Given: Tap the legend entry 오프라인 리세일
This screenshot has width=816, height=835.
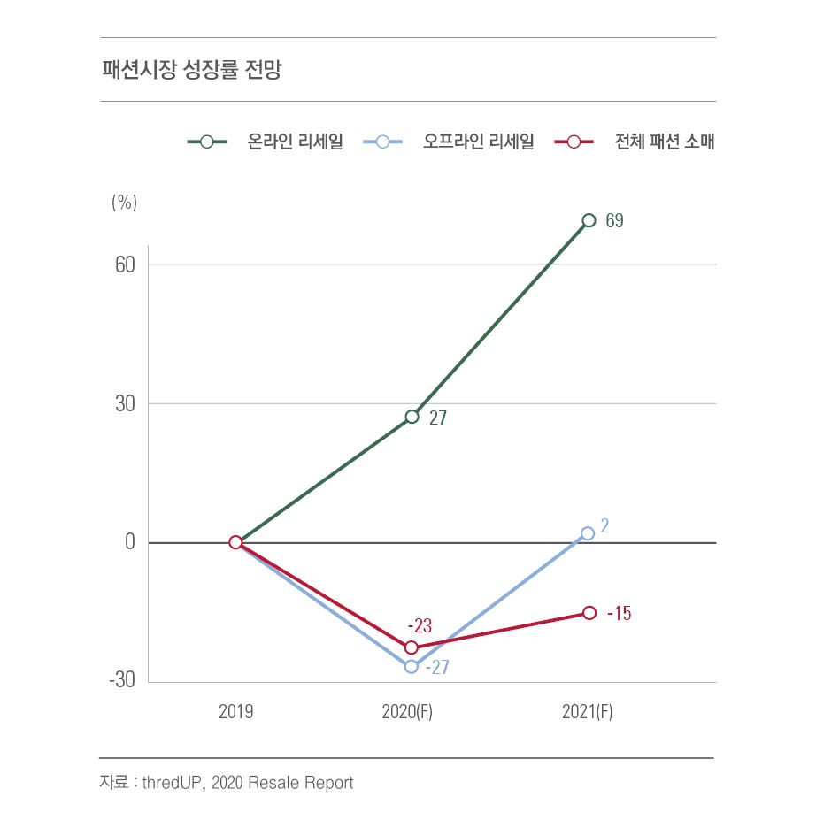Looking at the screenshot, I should (478, 142).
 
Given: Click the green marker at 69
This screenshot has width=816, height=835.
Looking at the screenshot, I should (589, 220).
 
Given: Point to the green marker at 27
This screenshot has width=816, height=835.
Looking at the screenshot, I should (412, 417).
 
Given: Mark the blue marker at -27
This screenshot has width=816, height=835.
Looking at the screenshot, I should (412, 666).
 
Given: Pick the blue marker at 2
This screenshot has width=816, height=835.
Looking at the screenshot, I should (589, 533).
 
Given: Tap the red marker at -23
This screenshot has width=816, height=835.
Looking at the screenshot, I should (412, 647).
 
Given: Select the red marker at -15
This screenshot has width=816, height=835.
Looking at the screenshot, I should (589, 612).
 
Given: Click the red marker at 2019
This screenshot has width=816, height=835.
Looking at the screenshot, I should (235, 542).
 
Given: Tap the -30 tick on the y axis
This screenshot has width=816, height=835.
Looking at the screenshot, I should (121, 681).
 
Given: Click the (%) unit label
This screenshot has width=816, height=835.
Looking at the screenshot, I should (124, 202).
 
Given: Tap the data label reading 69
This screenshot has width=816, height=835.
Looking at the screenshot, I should (614, 221).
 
